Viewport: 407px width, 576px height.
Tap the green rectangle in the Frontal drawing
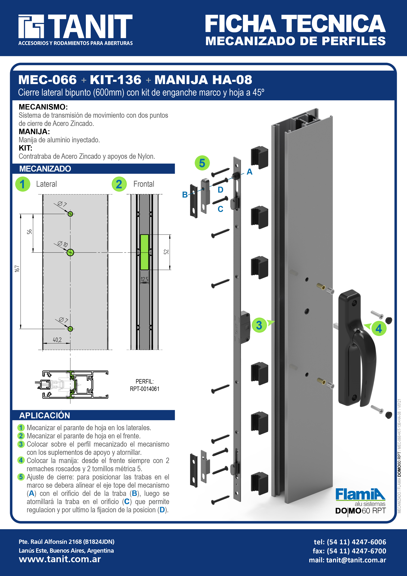pyautogui.click(x=144, y=252)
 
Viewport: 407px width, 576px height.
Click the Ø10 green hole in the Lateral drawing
pyautogui.click(x=70, y=252)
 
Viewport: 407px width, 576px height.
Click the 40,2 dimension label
pyautogui.click(x=57, y=340)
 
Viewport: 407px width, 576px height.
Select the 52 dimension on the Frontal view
pyautogui.click(x=166, y=252)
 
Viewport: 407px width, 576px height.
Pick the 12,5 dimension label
pyautogui.click(x=144, y=279)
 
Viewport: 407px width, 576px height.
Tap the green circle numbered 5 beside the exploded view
pyautogui.click(x=202, y=163)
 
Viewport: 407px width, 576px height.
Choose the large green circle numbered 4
pyautogui.click(x=379, y=328)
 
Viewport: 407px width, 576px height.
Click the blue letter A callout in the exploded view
pyautogui.click(x=249, y=172)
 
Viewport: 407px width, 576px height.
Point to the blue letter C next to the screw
pyautogui.click(x=220, y=209)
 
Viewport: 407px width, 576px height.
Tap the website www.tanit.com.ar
pyautogui.click(x=60, y=559)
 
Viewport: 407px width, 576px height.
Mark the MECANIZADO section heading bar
pyautogui.click(x=93, y=169)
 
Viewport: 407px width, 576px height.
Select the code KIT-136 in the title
pyautogui.click(x=116, y=80)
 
